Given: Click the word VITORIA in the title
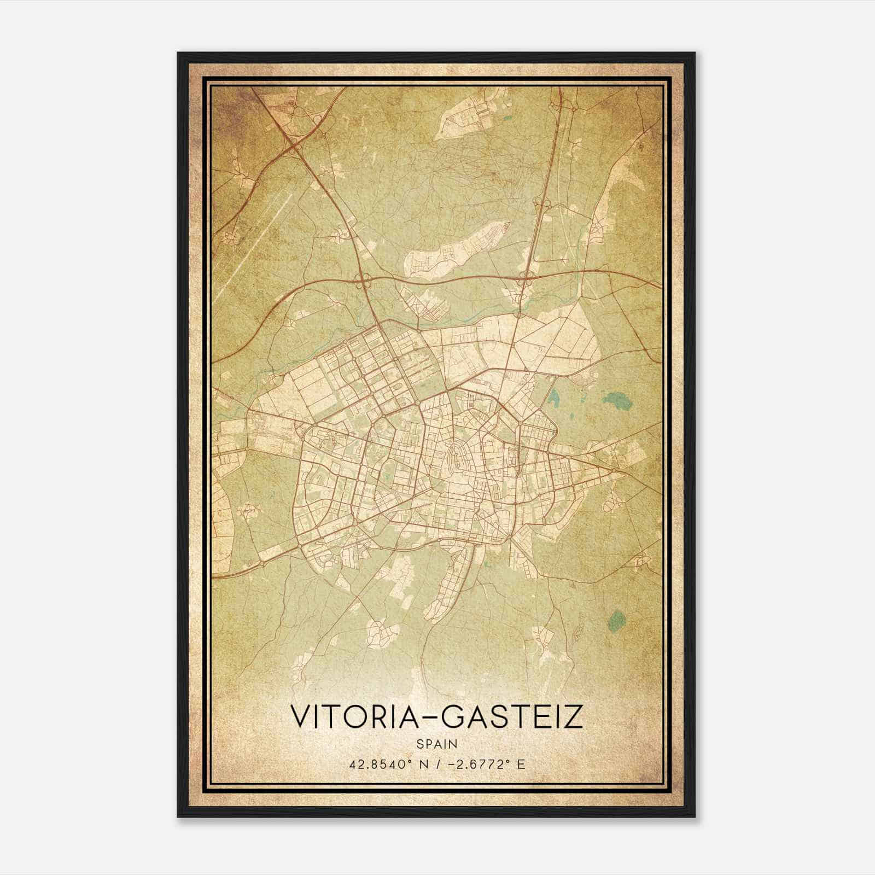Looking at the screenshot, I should point(358,716).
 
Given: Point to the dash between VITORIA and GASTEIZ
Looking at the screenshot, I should point(434,717).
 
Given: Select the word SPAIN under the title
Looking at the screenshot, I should point(437,744).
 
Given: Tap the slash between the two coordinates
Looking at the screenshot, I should point(439,765).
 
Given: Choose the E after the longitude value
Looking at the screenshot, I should point(521,765).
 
